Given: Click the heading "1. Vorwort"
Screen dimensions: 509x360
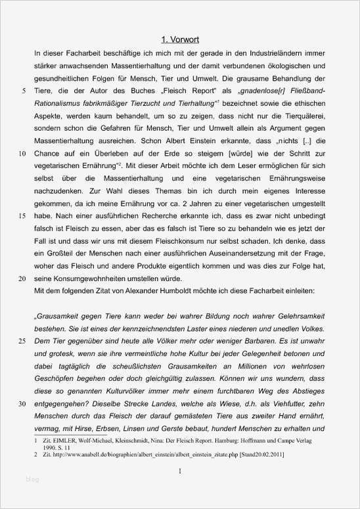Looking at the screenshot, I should tap(180, 39).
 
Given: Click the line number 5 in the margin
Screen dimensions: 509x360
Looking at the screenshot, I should tap(24, 91).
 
